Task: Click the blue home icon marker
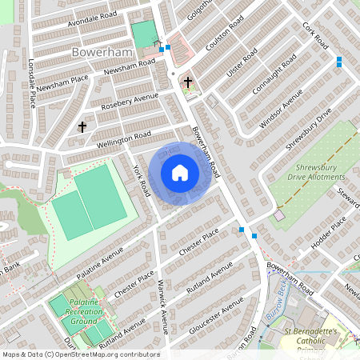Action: (180, 172)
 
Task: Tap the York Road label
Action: (142, 181)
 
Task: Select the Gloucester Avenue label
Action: (215, 316)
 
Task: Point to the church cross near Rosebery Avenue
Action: (82, 126)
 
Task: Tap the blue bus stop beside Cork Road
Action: (339, 61)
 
